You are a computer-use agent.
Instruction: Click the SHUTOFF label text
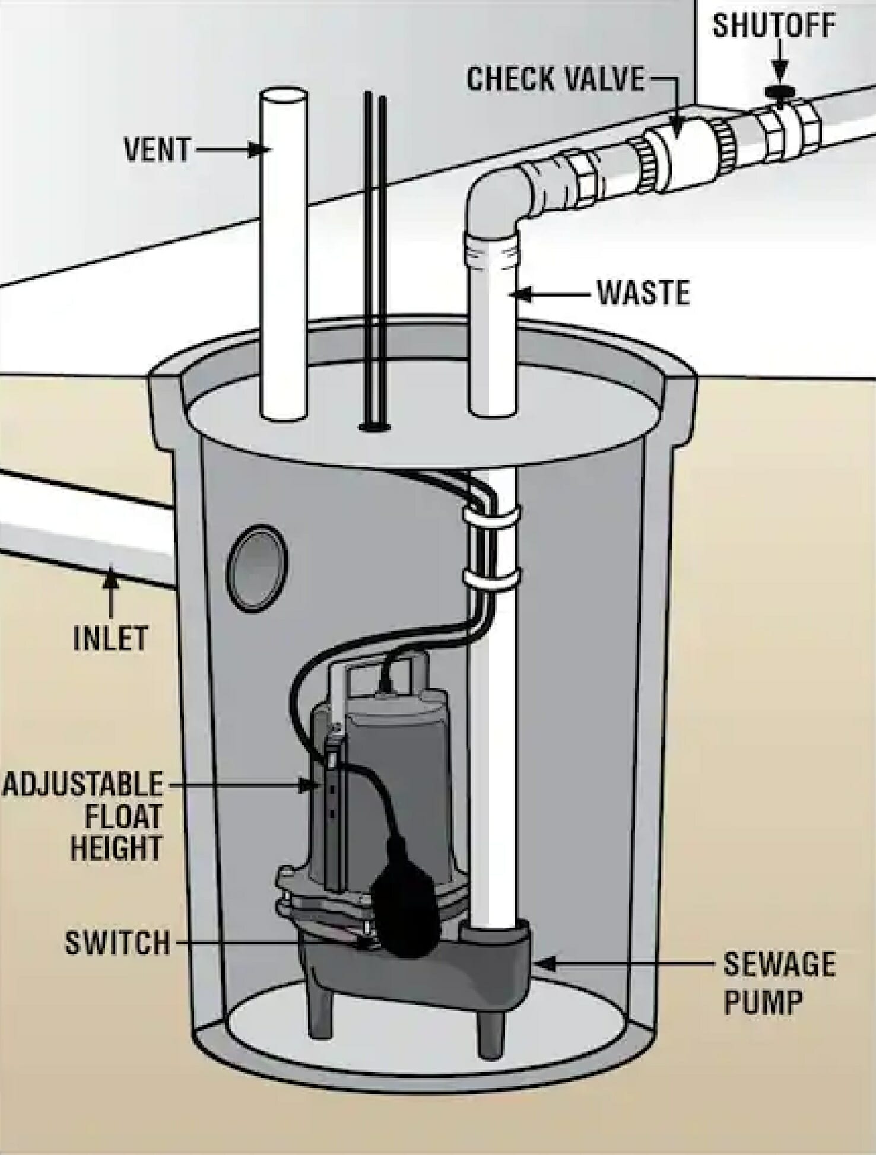pyautogui.click(x=774, y=26)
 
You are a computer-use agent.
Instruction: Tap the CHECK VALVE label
pyautogui.click(x=555, y=79)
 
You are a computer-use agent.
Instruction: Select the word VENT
pyautogui.click(x=157, y=149)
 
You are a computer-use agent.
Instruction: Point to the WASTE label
pyautogui.click(x=643, y=293)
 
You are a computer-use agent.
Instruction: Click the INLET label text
pyautogui.click(x=110, y=638)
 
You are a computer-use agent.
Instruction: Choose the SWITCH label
pyautogui.click(x=117, y=943)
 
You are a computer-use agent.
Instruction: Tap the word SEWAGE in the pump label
pyautogui.click(x=779, y=965)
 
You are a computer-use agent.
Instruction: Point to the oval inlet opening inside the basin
pyautogui.click(x=258, y=568)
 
